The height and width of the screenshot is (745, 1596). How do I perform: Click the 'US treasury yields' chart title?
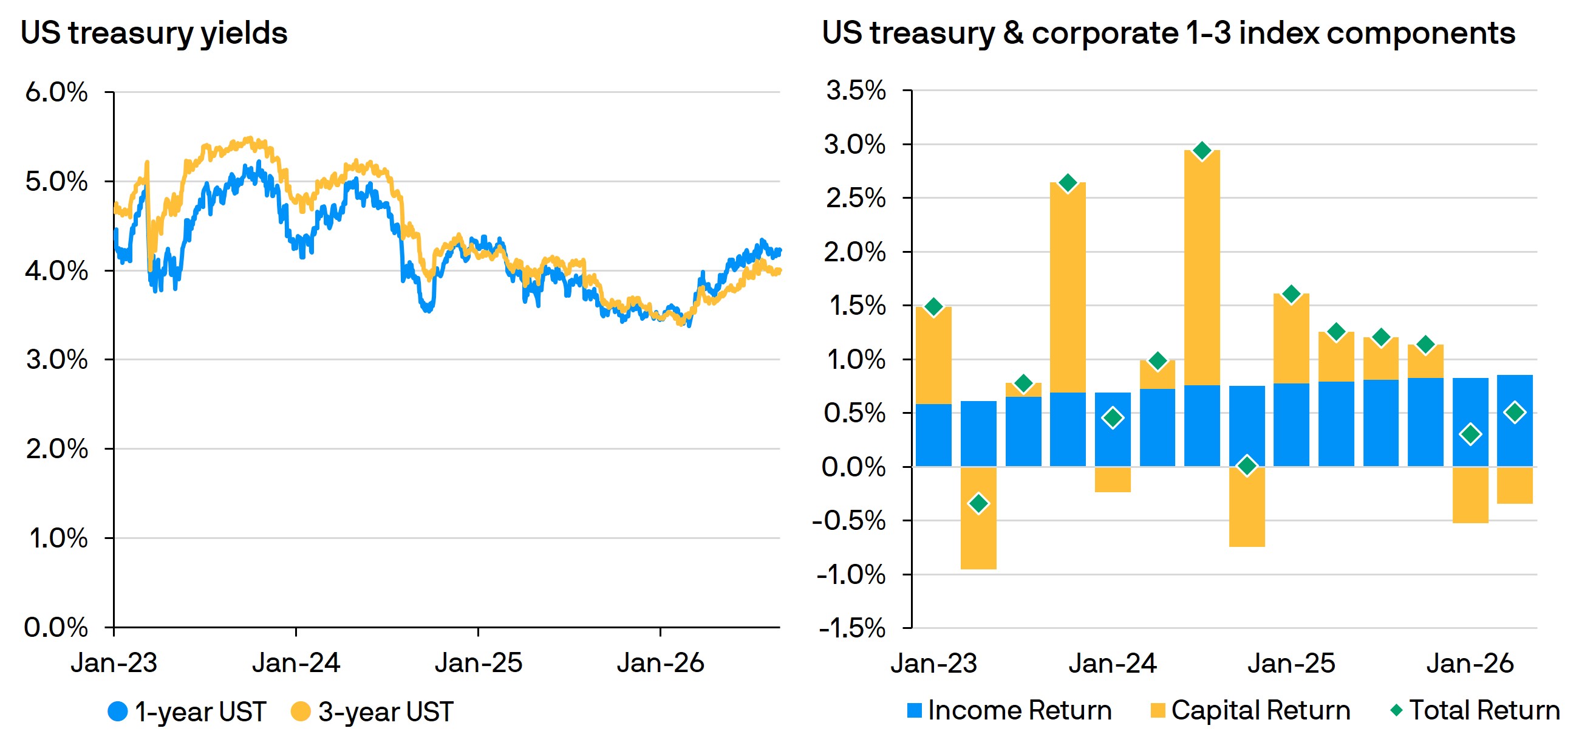tap(154, 33)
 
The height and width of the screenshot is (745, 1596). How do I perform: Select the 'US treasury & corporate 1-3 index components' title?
tap(1168, 33)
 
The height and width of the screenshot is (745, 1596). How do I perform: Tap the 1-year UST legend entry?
tap(187, 712)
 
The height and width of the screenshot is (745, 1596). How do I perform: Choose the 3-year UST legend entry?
tap(372, 712)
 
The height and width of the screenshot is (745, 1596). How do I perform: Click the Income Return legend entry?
tap(1009, 710)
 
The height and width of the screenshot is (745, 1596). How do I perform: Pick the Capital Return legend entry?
tap(1250, 710)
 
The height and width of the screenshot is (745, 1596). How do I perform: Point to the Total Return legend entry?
tap(1475, 710)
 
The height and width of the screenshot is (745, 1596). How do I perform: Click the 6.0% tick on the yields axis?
tap(56, 92)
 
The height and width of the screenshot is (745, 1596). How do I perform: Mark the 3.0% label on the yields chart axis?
tap(56, 360)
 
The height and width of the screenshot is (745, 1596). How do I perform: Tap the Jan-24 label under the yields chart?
tap(296, 663)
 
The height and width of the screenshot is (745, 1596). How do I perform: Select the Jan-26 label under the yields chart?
tap(661, 663)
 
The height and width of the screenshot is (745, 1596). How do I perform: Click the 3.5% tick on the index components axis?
tap(856, 91)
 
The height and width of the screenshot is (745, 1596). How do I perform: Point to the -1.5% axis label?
tap(852, 628)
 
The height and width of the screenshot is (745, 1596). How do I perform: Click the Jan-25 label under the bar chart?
tap(1291, 663)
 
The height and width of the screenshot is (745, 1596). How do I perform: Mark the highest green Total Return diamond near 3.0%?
tap(1202, 151)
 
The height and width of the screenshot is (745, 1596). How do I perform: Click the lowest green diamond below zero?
tap(978, 503)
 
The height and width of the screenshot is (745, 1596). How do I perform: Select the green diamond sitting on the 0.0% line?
tap(1247, 466)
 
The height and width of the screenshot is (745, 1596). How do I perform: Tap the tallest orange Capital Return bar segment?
tap(1202, 268)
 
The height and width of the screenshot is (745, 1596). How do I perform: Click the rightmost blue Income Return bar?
tap(1515, 421)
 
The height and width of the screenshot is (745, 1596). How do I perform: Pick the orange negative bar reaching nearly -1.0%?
tap(978, 518)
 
